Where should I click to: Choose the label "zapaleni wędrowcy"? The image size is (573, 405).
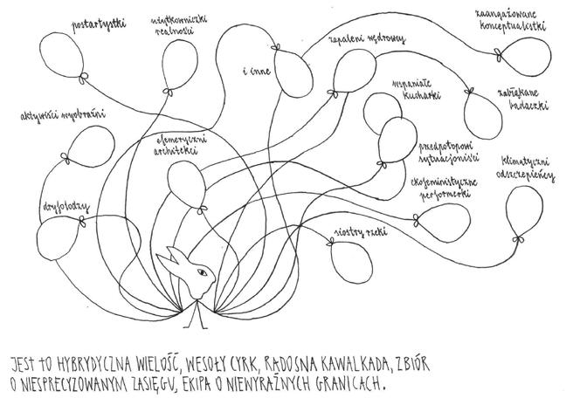pyautogui.click(x=367, y=40)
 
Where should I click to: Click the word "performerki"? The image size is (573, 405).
pyautogui.click(x=437, y=196)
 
